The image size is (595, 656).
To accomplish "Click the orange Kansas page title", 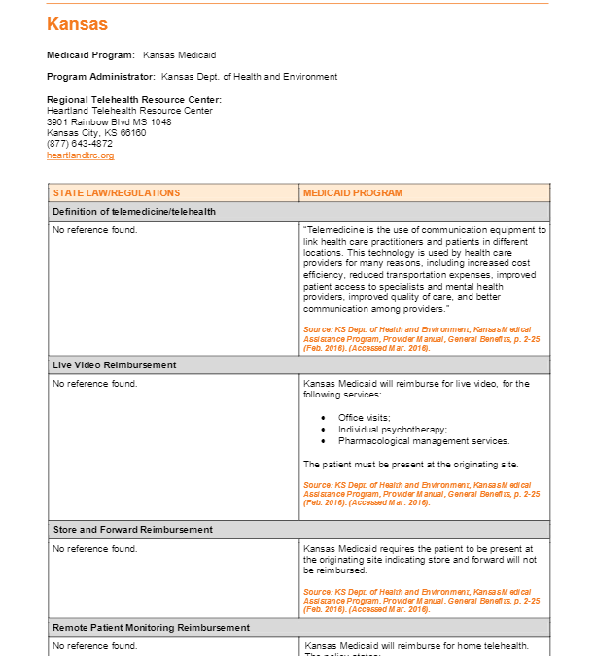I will [x=77, y=24].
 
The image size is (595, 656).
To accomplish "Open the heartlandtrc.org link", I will [x=80, y=155].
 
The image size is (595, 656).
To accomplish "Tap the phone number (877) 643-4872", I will [x=80, y=144].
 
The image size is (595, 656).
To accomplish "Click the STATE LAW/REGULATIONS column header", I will [x=116, y=193].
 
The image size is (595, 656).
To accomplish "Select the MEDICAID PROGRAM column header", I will [x=352, y=193].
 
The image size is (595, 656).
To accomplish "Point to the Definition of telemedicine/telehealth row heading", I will [x=133, y=212].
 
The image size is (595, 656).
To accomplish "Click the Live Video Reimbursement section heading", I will [x=114, y=365].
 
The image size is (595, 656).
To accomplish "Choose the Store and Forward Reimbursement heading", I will [x=132, y=530].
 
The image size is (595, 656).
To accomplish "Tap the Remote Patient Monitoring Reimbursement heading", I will [x=151, y=628].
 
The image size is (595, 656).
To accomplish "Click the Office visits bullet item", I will [x=365, y=417].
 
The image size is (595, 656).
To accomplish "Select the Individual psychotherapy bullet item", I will [x=393, y=429].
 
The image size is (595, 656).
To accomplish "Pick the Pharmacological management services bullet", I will [x=424, y=440].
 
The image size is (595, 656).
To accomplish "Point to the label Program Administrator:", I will [x=100, y=77].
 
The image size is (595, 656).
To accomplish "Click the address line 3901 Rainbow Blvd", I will [x=109, y=122].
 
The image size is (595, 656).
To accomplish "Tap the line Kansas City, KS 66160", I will [x=96, y=133].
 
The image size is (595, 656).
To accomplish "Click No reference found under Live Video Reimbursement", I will [x=94, y=384].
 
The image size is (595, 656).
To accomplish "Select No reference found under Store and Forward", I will [x=94, y=549].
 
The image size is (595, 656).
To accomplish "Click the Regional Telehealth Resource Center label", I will [x=134, y=100].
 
